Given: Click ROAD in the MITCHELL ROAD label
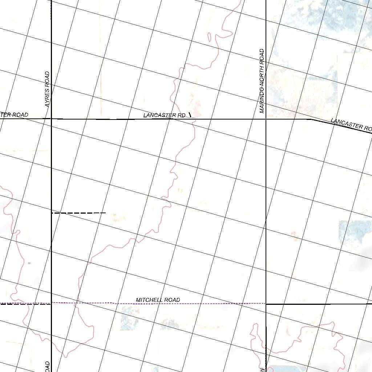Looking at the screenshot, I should (172, 300).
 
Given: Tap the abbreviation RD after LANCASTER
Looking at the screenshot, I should (181, 115).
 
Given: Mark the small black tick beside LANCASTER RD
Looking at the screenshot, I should (190, 115).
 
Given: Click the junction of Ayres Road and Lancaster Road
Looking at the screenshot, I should (51, 118).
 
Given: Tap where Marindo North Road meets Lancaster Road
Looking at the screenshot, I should (266, 119).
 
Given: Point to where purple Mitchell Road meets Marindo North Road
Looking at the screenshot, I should (266, 303).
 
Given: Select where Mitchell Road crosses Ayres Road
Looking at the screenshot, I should (51, 303).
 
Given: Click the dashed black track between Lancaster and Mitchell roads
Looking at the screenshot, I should (78, 213).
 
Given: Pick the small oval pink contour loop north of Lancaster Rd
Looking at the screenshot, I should (210, 36).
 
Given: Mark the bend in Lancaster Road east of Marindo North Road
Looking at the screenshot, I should (311, 119).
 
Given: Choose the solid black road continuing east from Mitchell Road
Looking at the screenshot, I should (320, 304).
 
